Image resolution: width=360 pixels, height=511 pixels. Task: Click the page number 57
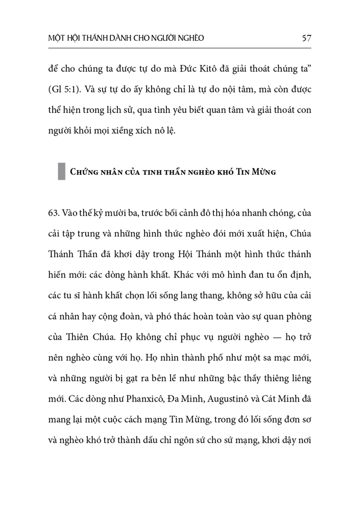pos(307,38)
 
